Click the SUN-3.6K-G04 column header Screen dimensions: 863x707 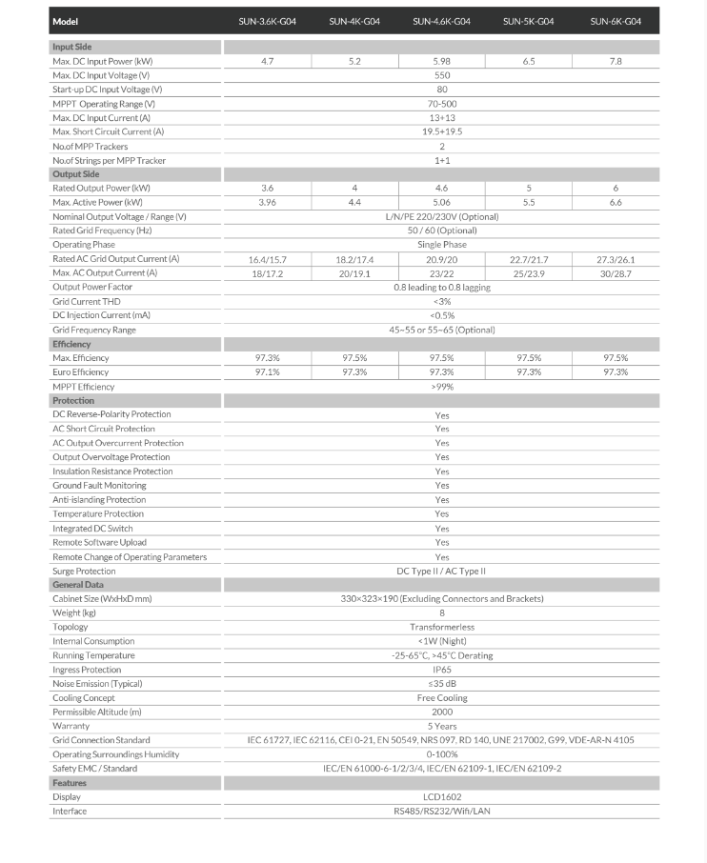pos(267,21)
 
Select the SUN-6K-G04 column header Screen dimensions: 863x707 pos(616,21)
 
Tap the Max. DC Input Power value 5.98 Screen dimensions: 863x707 pos(441,61)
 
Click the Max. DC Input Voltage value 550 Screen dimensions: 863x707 pos(441,75)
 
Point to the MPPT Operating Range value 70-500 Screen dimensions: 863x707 pos(441,104)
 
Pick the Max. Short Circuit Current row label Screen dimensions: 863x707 pos(109,131)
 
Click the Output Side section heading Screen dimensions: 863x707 pos(76,174)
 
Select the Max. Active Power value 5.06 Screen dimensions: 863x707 pos(441,203)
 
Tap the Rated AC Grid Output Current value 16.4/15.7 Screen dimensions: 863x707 pos(267,259)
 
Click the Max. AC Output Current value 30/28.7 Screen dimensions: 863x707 pos(616,273)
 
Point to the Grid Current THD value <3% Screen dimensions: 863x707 pos(441,301)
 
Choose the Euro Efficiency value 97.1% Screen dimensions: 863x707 pos(267,372)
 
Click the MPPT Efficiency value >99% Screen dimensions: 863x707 pos(441,387)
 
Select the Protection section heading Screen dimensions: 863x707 pos(73,401)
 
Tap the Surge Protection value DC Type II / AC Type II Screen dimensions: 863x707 pos(441,572)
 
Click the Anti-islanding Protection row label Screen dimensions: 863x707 pos(99,499)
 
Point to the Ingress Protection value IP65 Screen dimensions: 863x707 pos(441,670)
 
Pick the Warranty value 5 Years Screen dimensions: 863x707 pos(441,726)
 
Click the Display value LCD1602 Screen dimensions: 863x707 pos(441,797)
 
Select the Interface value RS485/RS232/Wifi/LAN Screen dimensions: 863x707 pos(441,812)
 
